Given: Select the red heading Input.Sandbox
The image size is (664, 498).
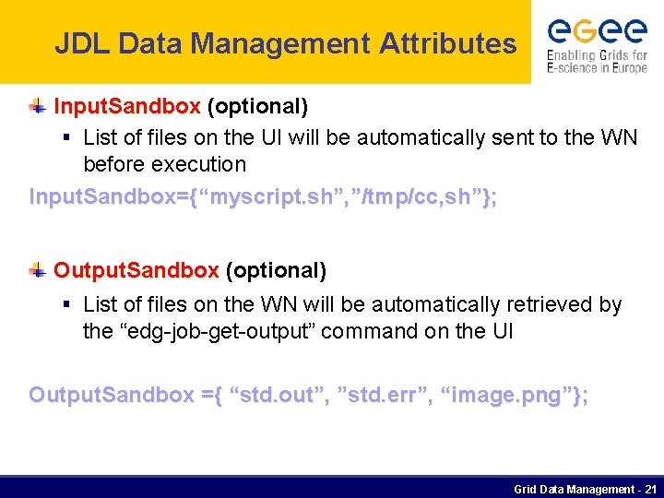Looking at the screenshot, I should (x=127, y=107).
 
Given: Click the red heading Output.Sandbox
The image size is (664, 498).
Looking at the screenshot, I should (x=136, y=270).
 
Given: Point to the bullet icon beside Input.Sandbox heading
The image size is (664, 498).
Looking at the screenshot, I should (x=37, y=107).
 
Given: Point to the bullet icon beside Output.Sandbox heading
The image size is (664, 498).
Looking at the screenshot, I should (x=37, y=270).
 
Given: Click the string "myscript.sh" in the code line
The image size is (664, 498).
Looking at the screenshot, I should (x=271, y=197).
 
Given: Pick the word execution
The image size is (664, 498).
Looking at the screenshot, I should (x=202, y=164).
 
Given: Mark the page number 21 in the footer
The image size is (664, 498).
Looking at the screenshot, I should (x=650, y=489).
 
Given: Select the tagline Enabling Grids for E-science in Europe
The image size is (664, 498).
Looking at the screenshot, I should (x=597, y=62).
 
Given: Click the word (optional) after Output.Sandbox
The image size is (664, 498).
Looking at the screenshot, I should (x=276, y=270).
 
